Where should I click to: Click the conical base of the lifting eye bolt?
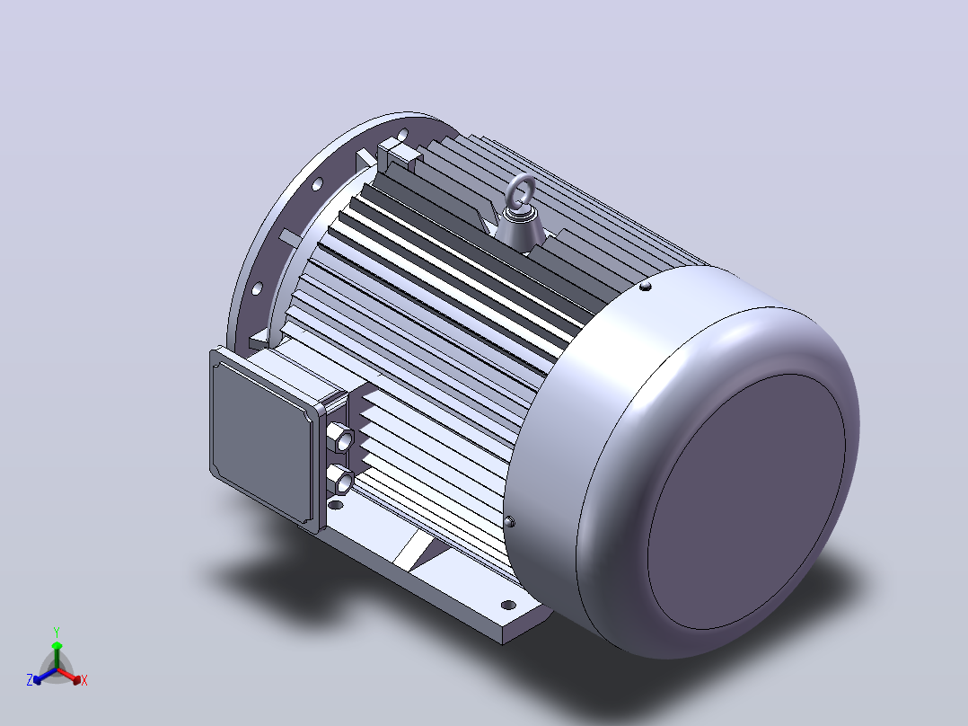click(x=523, y=230)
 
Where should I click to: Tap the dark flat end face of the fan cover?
click(x=746, y=501)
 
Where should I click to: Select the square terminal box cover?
click(x=262, y=432)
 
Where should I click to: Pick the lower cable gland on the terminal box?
click(x=340, y=480)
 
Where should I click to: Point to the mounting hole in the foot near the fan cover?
click(x=507, y=605)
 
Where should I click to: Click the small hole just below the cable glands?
click(x=336, y=505)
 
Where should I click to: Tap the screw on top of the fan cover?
click(x=645, y=286)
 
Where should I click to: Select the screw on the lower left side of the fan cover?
click(x=509, y=522)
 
